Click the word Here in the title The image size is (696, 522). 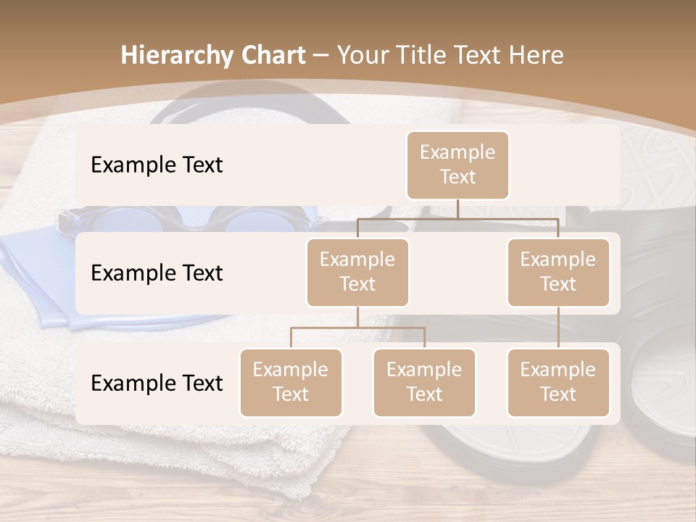click(x=537, y=56)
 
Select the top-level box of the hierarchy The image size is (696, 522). click(x=457, y=165)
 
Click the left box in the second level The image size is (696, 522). click(x=357, y=272)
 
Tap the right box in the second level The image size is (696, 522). click(x=558, y=272)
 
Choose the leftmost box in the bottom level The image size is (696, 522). click(x=291, y=382)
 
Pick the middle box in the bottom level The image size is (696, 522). click(x=424, y=382)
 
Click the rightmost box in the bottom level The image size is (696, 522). click(x=558, y=382)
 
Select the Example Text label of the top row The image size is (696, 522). click(x=157, y=165)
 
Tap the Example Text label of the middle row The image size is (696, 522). click(x=157, y=273)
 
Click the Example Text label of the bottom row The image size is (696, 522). click(x=157, y=384)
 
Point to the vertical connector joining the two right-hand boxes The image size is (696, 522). click(x=558, y=328)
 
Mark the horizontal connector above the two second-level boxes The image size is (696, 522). click(x=457, y=218)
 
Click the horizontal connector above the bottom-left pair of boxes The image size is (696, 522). click(x=357, y=328)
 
